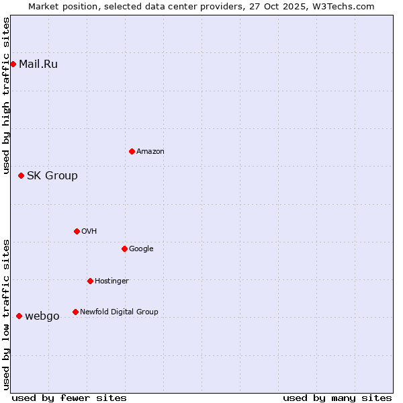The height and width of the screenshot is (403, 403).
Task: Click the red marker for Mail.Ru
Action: (x=13, y=64)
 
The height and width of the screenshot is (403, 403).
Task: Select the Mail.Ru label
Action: (x=38, y=64)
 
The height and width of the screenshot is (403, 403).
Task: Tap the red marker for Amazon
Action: (x=132, y=151)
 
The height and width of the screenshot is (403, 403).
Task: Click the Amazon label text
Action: (x=150, y=152)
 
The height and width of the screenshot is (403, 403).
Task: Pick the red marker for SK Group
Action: (x=21, y=176)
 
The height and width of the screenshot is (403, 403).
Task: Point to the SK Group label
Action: (x=52, y=176)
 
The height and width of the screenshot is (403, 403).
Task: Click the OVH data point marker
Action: (x=77, y=231)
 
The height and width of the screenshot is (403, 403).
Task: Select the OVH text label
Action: (x=89, y=232)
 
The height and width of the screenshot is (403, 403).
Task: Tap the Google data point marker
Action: (x=124, y=249)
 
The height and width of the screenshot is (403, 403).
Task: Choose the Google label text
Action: (x=141, y=249)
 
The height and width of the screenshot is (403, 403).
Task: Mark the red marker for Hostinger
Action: (x=90, y=281)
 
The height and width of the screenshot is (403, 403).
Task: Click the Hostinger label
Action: (x=111, y=281)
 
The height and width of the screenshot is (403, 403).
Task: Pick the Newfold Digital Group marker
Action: (x=75, y=312)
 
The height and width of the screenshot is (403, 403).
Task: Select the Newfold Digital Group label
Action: (x=119, y=312)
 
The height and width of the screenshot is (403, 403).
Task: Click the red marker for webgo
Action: (x=19, y=316)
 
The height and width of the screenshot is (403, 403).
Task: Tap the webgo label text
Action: (x=42, y=316)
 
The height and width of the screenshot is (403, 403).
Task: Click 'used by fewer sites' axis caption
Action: (x=69, y=398)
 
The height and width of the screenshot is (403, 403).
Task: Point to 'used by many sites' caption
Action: (x=337, y=398)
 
